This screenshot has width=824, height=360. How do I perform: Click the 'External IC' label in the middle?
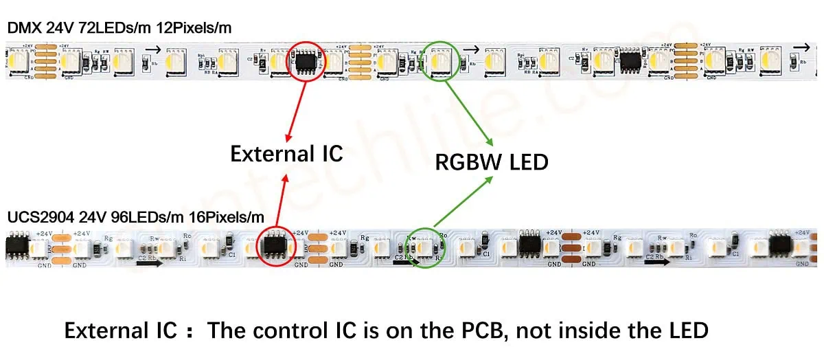point(286,153)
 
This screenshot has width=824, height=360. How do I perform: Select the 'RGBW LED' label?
point(492,161)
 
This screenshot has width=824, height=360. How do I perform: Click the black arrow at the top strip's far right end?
point(801,47)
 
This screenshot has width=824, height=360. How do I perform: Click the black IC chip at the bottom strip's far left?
point(16,246)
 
